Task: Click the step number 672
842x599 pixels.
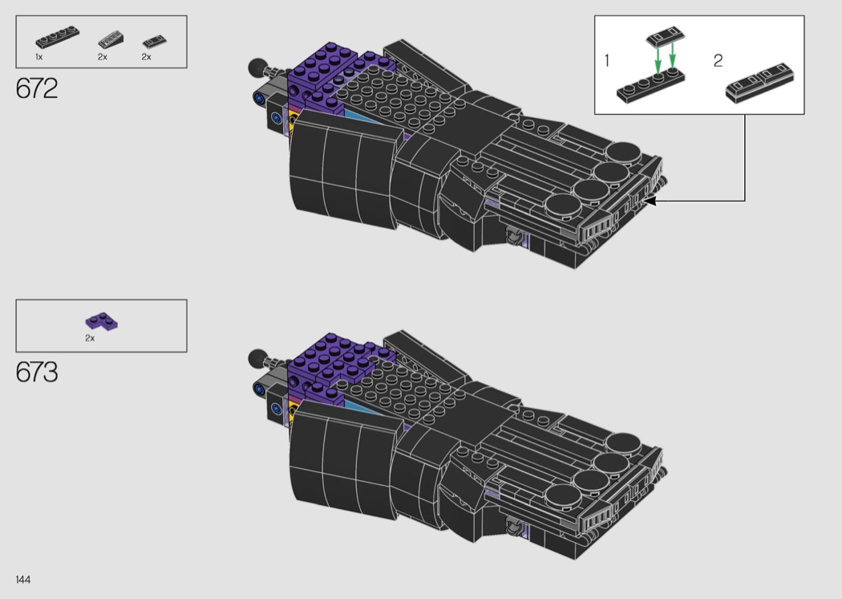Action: pyautogui.click(x=37, y=88)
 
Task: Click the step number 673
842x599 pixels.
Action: pyautogui.click(x=37, y=372)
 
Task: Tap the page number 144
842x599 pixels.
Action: pyautogui.click(x=23, y=579)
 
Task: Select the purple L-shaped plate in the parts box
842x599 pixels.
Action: pyautogui.click(x=102, y=321)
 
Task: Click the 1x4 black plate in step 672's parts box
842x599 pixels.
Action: pyautogui.click(x=58, y=37)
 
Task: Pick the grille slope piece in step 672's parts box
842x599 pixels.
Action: pyautogui.click(x=110, y=40)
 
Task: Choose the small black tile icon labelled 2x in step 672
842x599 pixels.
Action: pyautogui.click(x=154, y=42)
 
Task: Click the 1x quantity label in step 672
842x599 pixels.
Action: pyautogui.click(x=39, y=57)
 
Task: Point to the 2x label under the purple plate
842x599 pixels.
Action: pyautogui.click(x=90, y=338)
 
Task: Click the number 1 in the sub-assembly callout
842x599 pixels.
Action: pyautogui.click(x=607, y=61)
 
